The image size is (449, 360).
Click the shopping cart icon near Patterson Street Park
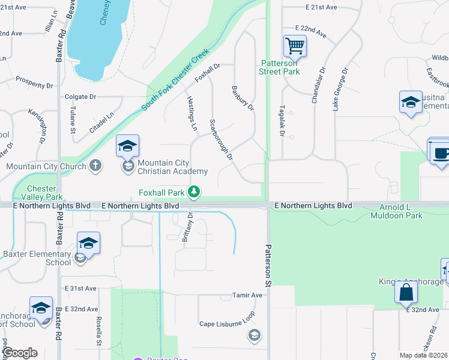click(295, 46)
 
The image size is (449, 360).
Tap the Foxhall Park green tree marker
click(193, 192)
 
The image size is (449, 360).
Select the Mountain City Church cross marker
click(95, 166)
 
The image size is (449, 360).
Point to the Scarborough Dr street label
click(221, 140)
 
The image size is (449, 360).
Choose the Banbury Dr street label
click(243, 98)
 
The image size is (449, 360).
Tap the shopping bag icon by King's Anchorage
click(406, 293)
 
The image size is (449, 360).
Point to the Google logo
click(20, 352)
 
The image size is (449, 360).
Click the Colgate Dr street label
click(80, 97)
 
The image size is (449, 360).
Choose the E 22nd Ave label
click(311, 29)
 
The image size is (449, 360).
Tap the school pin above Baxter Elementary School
click(88, 243)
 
